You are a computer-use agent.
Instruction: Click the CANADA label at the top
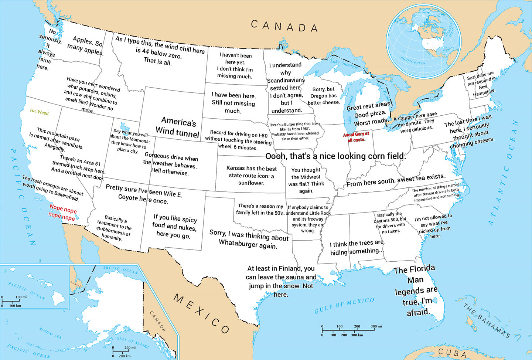click(x=284, y=26)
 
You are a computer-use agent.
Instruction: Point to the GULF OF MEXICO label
click(x=344, y=306)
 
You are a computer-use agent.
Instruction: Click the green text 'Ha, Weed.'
click(x=40, y=112)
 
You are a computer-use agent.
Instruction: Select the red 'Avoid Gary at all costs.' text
click(x=356, y=137)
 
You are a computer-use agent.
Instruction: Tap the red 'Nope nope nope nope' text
click(x=62, y=213)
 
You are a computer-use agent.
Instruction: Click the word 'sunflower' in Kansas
click(x=251, y=183)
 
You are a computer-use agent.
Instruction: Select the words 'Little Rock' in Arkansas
click(x=320, y=213)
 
